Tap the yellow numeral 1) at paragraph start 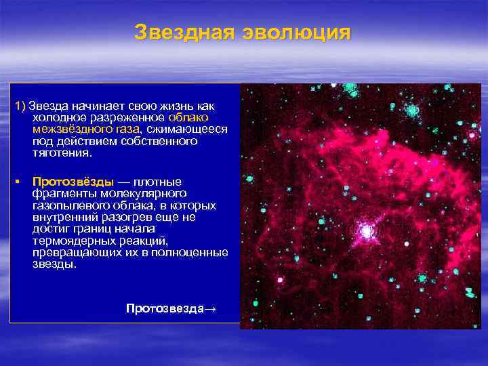pos(20,106)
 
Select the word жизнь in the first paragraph pos(178,106)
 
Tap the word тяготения pos(61,152)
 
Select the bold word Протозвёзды pos(73,182)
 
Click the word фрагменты pos(59,193)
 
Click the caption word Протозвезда pos(164,308)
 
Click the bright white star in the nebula pos(367,232)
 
